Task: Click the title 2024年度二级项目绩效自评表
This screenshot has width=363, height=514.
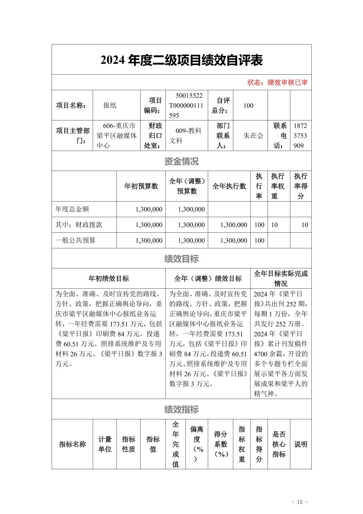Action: click(x=181, y=60)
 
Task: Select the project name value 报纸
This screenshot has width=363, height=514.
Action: click(x=110, y=105)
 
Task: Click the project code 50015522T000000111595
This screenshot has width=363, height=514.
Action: click(x=186, y=105)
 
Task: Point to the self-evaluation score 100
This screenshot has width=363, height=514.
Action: click(x=248, y=105)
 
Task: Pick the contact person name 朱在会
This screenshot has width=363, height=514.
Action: click(x=253, y=136)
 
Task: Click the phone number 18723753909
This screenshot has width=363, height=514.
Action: click(x=300, y=136)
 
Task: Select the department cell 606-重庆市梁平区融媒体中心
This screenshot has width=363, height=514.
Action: click(x=116, y=136)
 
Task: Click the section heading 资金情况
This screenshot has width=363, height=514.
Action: click(x=181, y=161)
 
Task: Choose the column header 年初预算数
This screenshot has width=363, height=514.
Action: click(x=141, y=186)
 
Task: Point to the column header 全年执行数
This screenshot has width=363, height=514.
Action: click(x=229, y=186)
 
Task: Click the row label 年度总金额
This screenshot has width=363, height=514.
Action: click(x=72, y=209)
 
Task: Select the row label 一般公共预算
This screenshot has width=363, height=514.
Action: click(x=75, y=240)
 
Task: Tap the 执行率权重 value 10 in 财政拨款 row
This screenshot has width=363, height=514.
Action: click(x=274, y=225)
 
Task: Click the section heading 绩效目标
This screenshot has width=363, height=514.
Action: click(x=181, y=259)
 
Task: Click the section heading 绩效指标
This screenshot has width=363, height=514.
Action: click(x=181, y=410)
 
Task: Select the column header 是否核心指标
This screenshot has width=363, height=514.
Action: click(x=279, y=444)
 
